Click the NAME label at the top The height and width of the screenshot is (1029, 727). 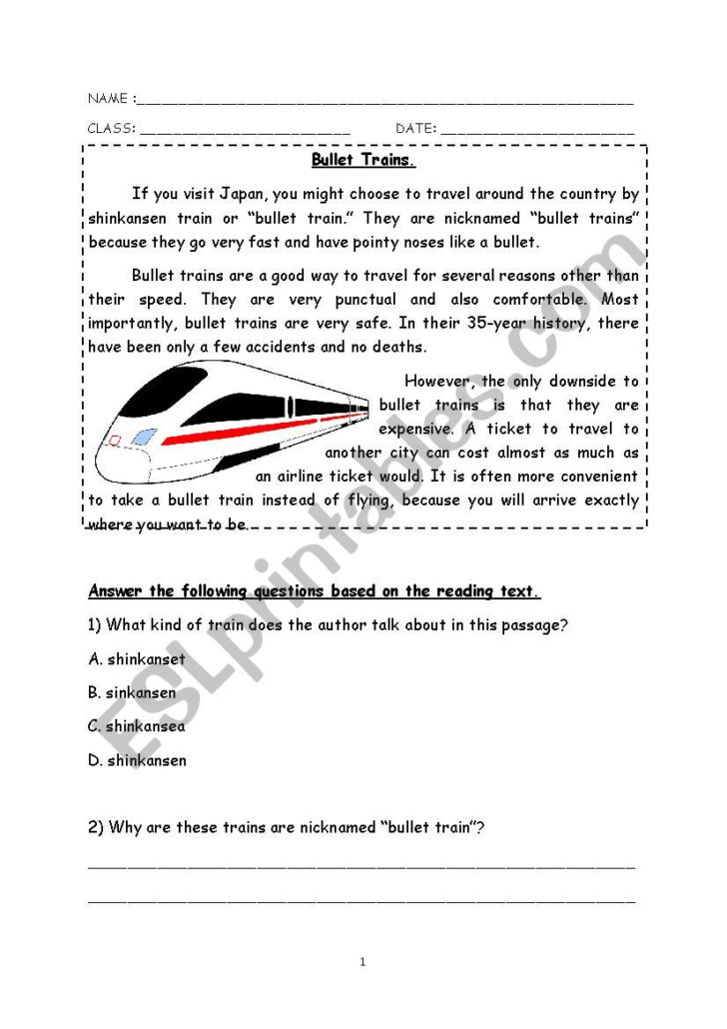click(x=108, y=99)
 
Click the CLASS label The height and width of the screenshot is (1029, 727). click(x=111, y=129)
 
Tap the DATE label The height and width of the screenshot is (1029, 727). click(x=415, y=129)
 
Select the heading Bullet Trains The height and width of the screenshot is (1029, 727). click(x=363, y=160)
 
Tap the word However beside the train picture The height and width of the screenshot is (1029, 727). click(x=439, y=381)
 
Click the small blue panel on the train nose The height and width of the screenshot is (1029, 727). click(x=144, y=437)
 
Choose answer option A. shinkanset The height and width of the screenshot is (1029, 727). click(x=137, y=658)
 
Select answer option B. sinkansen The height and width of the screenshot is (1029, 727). click(x=132, y=692)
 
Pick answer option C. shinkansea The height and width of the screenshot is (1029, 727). click(x=136, y=726)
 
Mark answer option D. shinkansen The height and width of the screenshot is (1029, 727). click(x=137, y=760)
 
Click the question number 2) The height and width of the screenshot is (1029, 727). click(x=96, y=827)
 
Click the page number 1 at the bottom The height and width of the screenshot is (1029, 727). click(x=363, y=962)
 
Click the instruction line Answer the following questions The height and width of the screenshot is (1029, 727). click(x=315, y=591)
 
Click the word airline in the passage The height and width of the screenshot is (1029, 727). click(x=304, y=477)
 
